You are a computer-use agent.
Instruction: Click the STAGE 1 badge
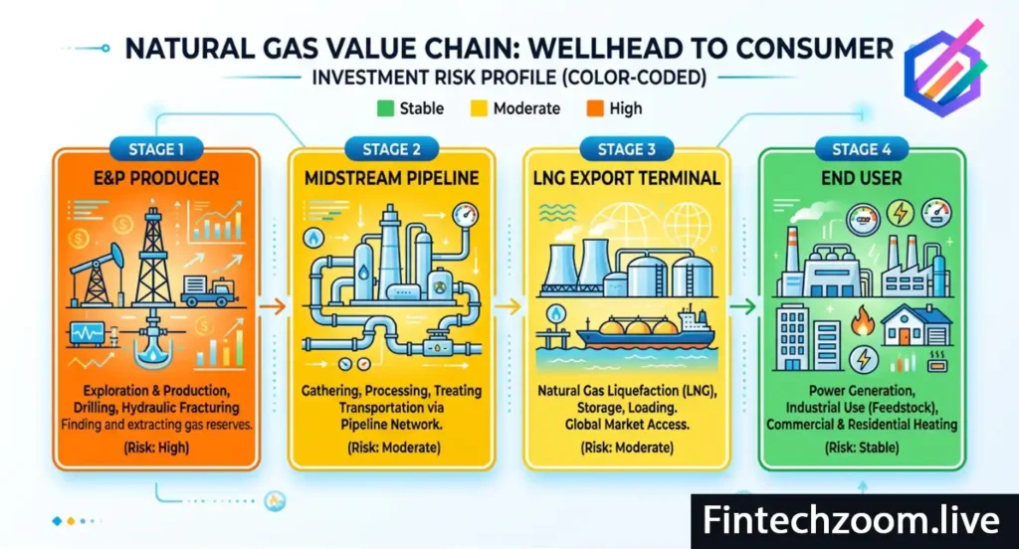157,149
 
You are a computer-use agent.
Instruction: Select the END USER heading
862,180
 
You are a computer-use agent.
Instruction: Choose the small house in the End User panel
913,325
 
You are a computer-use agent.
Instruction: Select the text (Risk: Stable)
862,448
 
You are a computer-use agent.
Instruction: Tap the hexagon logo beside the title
944,68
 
